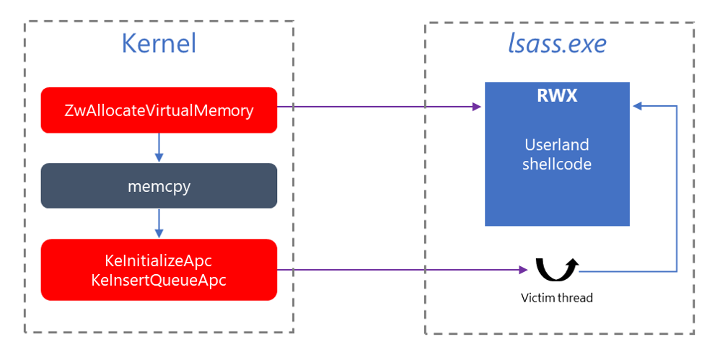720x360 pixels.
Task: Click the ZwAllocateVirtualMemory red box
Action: (x=159, y=110)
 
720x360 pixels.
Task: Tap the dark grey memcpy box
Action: (x=159, y=185)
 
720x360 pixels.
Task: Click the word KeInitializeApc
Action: (x=159, y=260)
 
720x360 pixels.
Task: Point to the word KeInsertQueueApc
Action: (x=159, y=280)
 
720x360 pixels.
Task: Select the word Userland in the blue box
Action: (x=556, y=144)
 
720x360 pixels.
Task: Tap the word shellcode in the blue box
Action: (x=556, y=164)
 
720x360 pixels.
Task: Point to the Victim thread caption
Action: (x=556, y=297)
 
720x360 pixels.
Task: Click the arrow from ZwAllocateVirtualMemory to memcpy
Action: (x=159, y=147)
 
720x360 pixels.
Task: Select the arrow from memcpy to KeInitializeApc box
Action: (x=159, y=223)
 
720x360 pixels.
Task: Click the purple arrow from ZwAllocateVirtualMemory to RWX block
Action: (x=375, y=107)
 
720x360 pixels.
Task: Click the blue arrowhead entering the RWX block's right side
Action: (x=637, y=107)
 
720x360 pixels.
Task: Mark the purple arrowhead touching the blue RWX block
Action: (x=477, y=107)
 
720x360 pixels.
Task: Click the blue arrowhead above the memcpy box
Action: (x=159, y=158)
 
